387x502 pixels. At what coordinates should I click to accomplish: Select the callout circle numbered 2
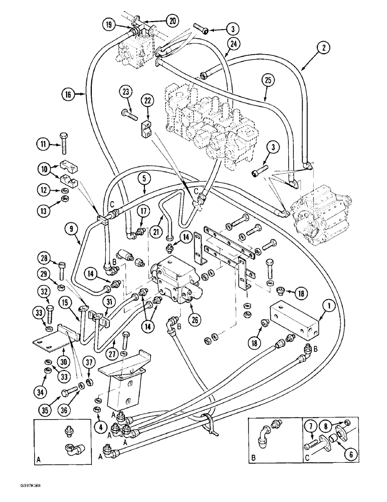(x=325, y=49)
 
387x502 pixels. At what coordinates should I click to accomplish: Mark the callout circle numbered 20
(x=172, y=21)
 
